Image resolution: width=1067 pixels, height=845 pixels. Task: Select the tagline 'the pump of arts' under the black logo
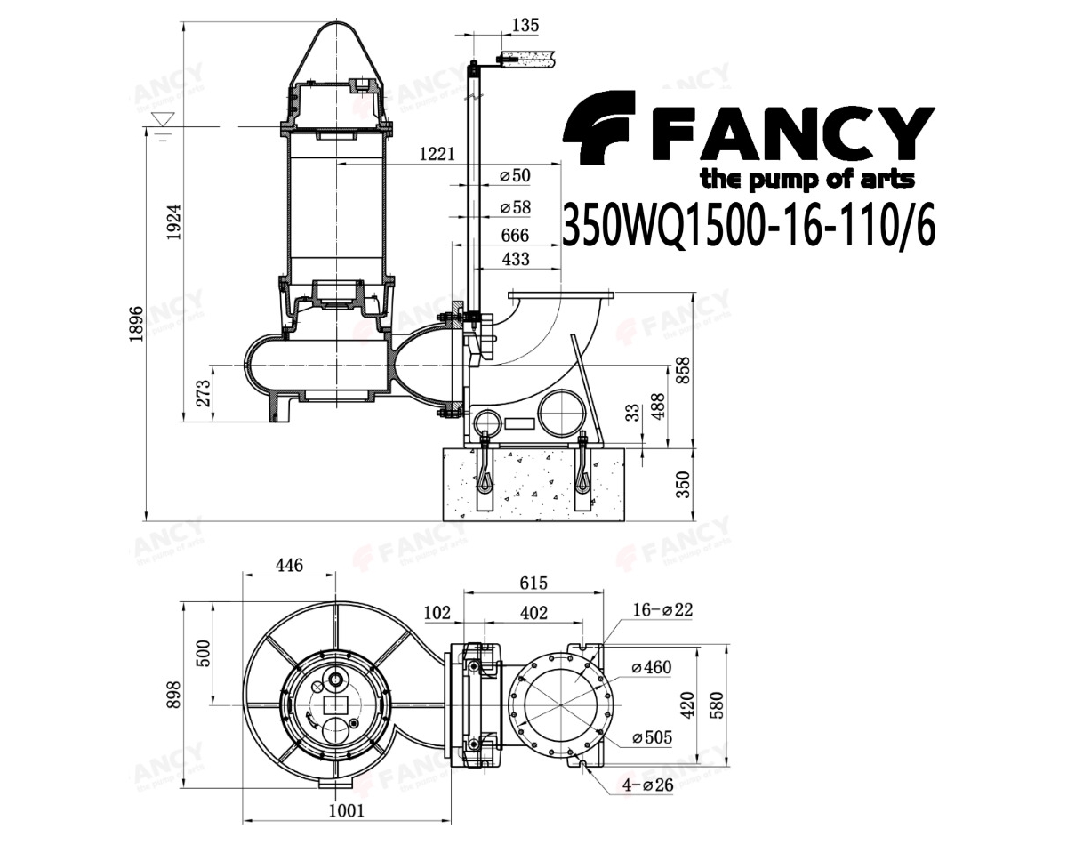(x=807, y=179)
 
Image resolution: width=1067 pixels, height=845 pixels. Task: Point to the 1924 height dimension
(x=174, y=221)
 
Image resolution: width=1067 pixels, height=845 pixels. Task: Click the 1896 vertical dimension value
(x=135, y=324)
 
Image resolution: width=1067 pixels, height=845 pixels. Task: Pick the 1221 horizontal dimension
(x=437, y=154)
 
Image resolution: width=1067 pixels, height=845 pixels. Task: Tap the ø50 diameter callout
(x=515, y=175)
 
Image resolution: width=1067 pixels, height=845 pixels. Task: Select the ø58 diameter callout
(x=515, y=207)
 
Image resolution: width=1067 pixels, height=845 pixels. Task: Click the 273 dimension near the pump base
(x=204, y=393)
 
